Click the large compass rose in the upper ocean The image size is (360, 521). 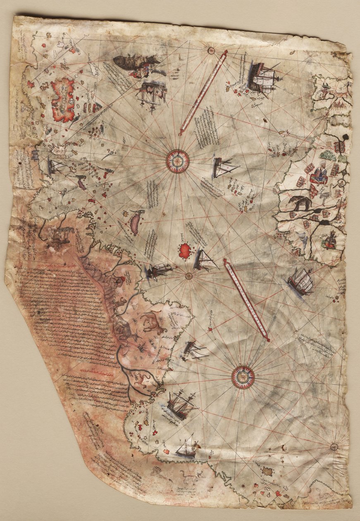pos(178,161)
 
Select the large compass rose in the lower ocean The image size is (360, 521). pos(243,377)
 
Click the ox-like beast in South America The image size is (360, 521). pos(154,323)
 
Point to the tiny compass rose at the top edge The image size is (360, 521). pos(211,51)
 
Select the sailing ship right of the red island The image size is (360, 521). pos(205,260)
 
